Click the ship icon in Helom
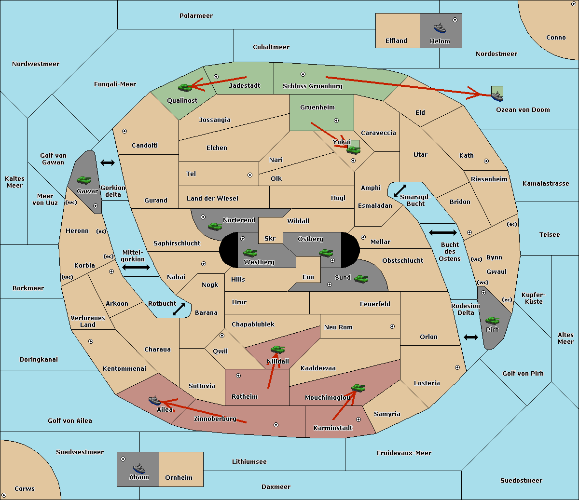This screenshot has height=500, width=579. [x=440, y=28]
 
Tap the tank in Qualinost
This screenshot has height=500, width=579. [x=185, y=87]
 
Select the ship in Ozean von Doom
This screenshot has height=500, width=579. [x=497, y=96]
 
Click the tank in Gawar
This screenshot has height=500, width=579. [x=84, y=180]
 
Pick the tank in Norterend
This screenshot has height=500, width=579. [x=215, y=226]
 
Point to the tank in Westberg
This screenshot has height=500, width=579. [x=250, y=253]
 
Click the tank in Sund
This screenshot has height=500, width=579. [x=361, y=279]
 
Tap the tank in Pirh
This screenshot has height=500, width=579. [x=492, y=320]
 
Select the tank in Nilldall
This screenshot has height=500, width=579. [x=277, y=350]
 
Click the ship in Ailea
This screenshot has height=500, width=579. [x=154, y=400]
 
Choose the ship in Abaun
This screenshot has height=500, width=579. [x=139, y=469]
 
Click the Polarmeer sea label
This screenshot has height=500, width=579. [x=196, y=16]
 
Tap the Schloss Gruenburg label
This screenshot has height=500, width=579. [x=313, y=86]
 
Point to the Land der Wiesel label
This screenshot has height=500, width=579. [x=212, y=199]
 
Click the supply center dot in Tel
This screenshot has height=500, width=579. [x=250, y=175]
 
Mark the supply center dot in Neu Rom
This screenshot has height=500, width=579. [x=392, y=326]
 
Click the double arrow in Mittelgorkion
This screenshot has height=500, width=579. [x=136, y=267]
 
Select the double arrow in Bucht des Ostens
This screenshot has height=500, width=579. [x=443, y=232]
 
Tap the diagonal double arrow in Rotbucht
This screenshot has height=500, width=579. [x=179, y=309]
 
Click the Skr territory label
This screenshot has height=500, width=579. [x=270, y=238]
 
